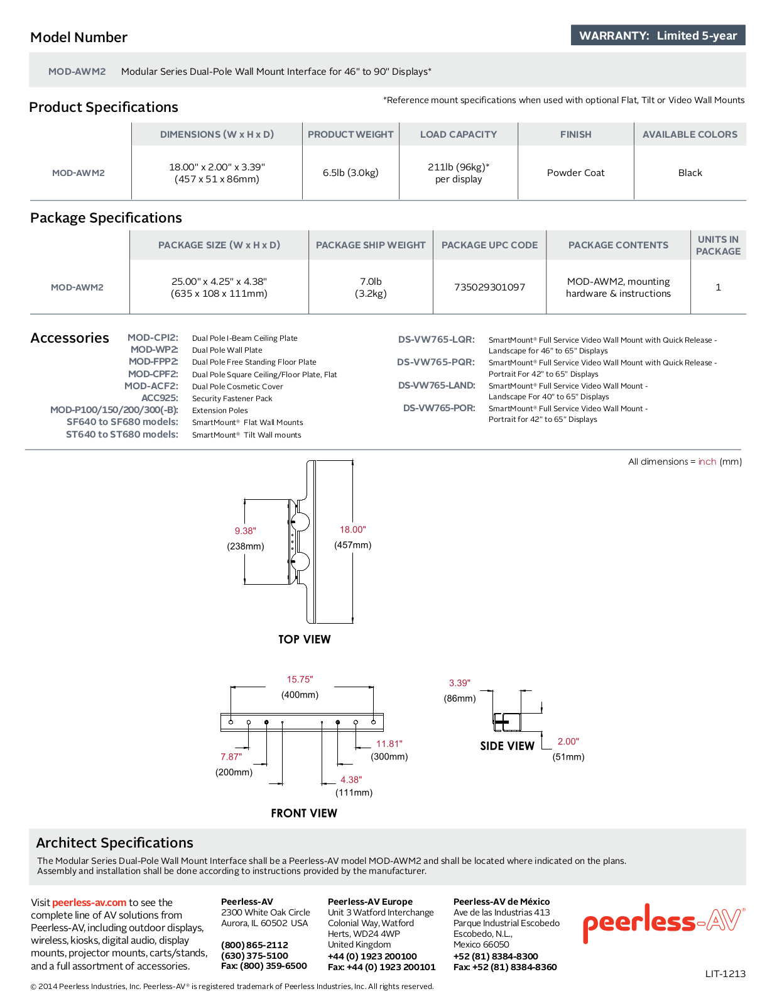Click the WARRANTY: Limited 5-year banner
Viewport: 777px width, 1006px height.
[658, 35]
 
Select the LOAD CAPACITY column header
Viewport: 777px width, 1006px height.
[459, 135]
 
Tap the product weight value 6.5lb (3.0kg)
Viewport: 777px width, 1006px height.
[350, 173]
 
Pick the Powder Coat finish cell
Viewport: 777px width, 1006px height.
[575, 173]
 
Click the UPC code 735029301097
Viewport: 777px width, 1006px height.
[489, 287]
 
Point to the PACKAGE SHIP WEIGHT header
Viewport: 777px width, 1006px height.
[371, 245]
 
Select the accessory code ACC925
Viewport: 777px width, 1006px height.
[160, 398]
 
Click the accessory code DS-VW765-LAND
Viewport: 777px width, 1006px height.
[437, 385]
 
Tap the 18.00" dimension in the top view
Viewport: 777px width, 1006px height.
[352, 529]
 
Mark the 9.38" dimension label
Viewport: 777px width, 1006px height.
[245, 531]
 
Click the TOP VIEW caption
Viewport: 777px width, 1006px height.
[304, 639]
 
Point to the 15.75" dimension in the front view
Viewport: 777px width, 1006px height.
[300, 679]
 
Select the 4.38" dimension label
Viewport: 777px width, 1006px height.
[351, 780]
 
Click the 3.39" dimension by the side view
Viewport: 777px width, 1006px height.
[459, 683]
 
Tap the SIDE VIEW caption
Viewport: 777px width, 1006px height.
[507, 746]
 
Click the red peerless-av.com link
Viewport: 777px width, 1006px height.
[89, 902]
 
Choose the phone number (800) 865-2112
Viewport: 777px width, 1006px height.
[254, 945]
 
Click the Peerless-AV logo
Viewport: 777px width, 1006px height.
[664, 922]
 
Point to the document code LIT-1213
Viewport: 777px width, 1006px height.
[725, 973]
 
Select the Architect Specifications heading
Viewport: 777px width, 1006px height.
[115, 843]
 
